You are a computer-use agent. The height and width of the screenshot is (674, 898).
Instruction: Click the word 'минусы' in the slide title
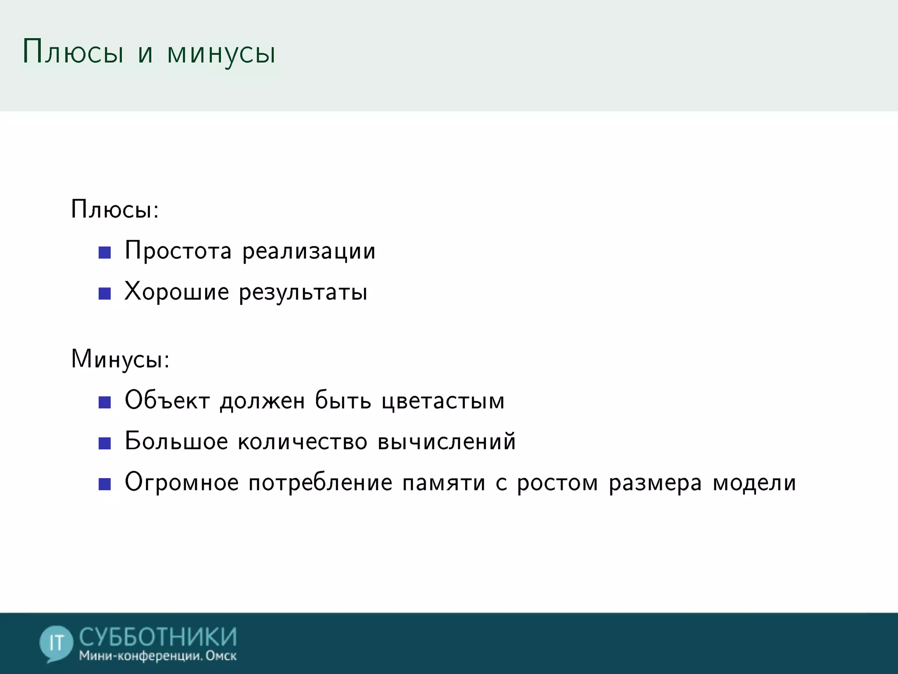[x=221, y=54]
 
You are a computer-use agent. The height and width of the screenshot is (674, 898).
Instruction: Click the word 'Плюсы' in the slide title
[x=73, y=52]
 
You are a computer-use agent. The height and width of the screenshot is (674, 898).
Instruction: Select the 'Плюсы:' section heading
[x=115, y=209]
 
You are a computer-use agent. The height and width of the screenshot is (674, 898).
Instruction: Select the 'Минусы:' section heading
[x=120, y=359]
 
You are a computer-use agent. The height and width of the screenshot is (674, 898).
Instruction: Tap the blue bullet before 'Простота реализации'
[x=105, y=252]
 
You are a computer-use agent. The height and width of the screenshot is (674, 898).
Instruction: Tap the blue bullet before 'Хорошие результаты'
[x=105, y=293]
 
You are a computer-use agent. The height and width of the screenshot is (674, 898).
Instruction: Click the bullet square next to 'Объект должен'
[x=105, y=402]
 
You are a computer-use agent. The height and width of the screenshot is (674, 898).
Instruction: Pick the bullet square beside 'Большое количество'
[x=105, y=443]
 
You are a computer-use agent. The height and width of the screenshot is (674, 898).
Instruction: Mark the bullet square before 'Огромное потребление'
[x=105, y=484]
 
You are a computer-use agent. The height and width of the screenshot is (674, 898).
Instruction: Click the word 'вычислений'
[x=446, y=441]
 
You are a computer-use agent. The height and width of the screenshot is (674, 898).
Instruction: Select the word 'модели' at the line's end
[x=754, y=483]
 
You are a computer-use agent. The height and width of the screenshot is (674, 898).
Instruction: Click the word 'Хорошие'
[x=177, y=292]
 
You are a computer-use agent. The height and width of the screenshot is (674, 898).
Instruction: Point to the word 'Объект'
[x=167, y=400]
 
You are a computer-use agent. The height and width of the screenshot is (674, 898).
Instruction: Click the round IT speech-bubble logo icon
[x=56, y=643]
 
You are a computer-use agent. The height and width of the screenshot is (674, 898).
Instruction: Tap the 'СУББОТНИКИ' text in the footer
[x=158, y=637]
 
